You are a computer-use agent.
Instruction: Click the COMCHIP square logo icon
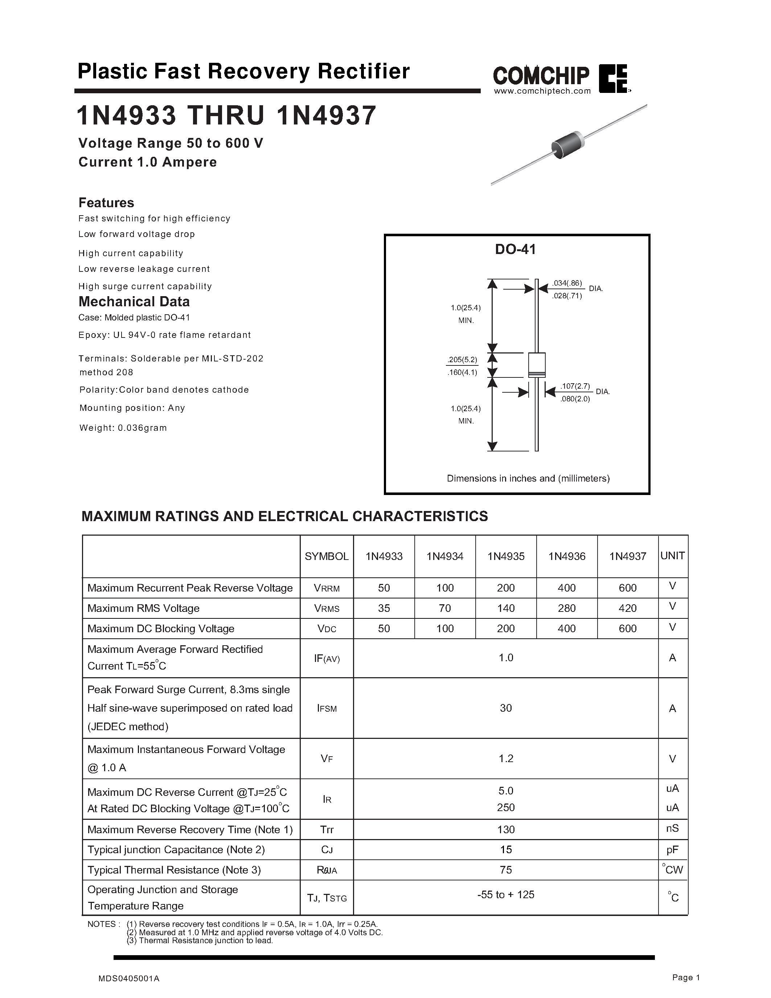(614, 79)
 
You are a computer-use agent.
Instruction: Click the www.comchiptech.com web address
(542, 91)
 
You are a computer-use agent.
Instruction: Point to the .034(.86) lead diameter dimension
(566, 283)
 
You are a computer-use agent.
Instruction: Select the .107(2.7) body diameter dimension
(575, 386)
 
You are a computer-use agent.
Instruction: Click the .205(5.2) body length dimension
(462, 360)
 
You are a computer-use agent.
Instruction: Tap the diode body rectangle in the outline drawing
(537, 364)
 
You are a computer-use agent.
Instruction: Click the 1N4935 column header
(506, 556)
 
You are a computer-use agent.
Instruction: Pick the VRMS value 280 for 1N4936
(566, 608)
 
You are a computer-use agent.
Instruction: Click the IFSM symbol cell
(327, 708)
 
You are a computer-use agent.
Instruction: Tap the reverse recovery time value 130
(506, 829)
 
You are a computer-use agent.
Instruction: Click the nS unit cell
(672, 829)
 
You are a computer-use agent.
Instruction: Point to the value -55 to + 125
(506, 895)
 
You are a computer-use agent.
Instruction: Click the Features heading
(106, 203)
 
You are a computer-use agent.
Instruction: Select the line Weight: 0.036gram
(123, 428)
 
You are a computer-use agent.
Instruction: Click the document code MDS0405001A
(129, 978)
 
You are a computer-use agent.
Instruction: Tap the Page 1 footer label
(686, 977)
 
